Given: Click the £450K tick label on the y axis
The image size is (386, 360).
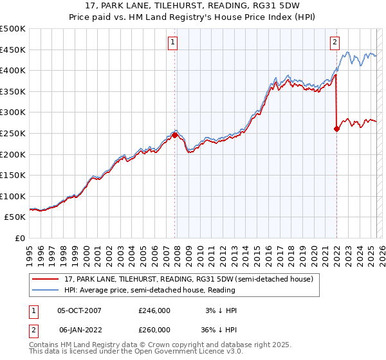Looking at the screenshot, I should click(13, 50).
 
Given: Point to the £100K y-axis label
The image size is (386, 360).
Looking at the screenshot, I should click(13, 196).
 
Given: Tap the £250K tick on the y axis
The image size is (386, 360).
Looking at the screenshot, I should click(13, 133).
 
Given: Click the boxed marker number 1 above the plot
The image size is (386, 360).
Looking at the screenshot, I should click(174, 43).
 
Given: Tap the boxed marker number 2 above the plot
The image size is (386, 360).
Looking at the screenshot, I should click(335, 43).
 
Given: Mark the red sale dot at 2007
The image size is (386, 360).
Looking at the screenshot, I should click(174, 135).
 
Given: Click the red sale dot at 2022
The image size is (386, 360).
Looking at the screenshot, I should click(336, 129).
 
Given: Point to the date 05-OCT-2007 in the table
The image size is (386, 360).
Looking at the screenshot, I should click(79, 310).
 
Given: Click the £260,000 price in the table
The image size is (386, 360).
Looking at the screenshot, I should click(154, 329).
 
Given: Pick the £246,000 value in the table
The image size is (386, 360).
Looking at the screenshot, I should click(154, 310).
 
